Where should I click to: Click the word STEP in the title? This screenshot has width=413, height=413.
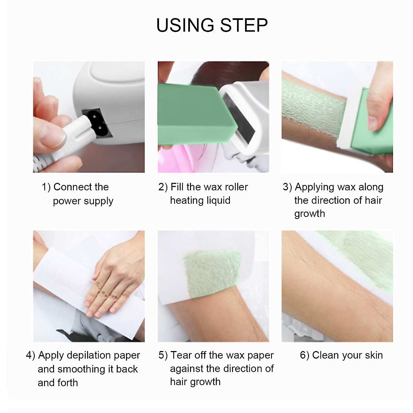(244, 25)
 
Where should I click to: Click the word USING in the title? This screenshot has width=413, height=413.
(185, 25)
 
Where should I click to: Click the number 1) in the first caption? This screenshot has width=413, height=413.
(46, 187)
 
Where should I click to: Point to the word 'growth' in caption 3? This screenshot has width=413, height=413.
(309, 214)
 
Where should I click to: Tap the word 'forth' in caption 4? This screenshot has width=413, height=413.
(67, 383)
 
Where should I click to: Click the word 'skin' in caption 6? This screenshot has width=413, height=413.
(373, 355)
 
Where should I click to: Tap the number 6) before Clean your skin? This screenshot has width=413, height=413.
(305, 355)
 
